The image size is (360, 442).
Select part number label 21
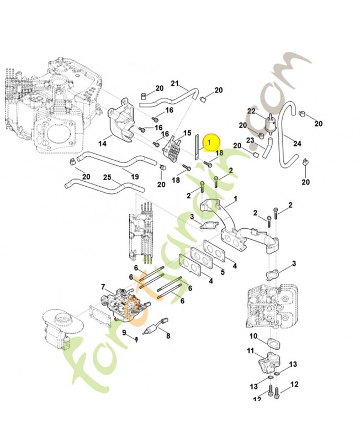[175, 84]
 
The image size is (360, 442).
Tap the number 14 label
[103, 144]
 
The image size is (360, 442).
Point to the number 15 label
[187, 133]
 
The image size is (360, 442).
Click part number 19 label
[135, 176]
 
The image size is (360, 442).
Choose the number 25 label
[108, 177]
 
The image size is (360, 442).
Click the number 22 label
[251, 112]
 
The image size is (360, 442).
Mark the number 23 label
[250, 140]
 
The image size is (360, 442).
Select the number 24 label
[298, 144]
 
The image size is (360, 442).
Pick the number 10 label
[253, 336]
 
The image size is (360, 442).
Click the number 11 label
[250, 351]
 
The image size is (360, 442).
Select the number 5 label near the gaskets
[223, 272]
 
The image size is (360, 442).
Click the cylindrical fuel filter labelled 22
[270, 121]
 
